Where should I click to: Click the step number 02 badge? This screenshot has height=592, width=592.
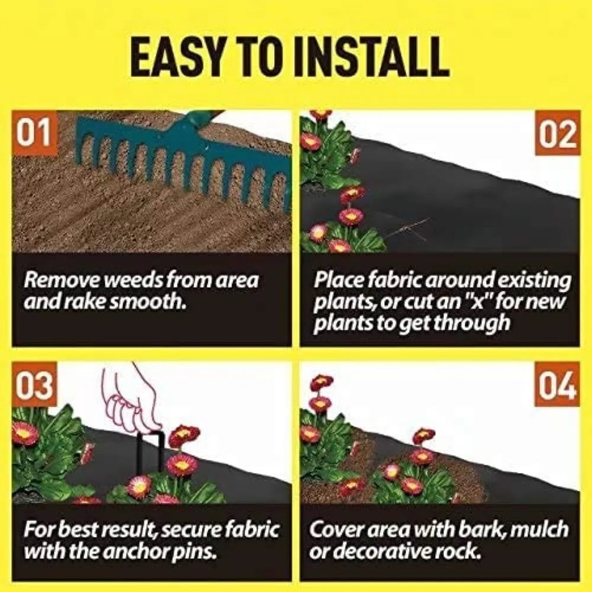[558, 135]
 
